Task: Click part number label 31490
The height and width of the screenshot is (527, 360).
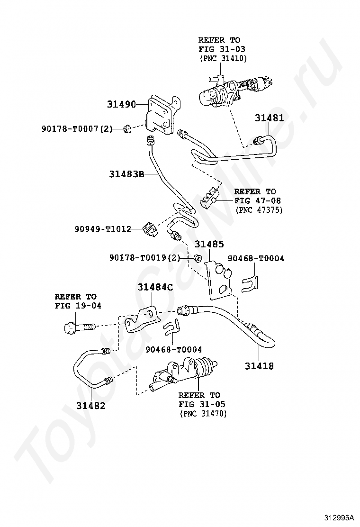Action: tap(121, 104)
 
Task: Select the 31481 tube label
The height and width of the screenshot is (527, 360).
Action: tap(269, 118)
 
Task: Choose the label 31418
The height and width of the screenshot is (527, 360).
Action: tap(259, 365)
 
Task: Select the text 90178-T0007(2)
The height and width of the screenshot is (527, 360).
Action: tap(76, 128)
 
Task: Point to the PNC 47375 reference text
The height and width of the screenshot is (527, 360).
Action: tap(258, 209)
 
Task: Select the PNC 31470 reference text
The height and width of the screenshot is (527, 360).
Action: tap(203, 414)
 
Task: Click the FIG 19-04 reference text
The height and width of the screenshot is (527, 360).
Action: tap(78, 306)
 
